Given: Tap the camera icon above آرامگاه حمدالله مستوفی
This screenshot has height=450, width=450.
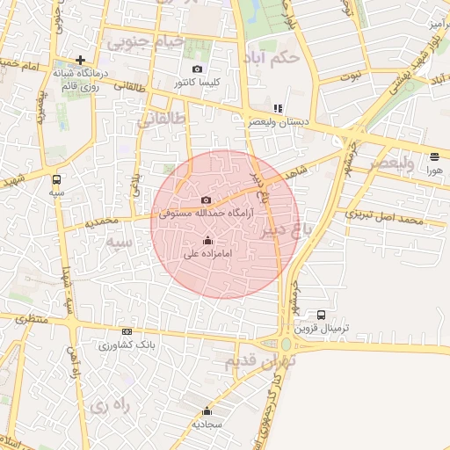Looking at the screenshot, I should (207, 200).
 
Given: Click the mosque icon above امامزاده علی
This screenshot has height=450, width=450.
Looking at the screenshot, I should (207, 240).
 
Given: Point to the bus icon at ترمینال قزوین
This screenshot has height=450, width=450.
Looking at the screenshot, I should (321, 315).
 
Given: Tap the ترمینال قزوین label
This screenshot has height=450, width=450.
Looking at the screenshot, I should (321, 328).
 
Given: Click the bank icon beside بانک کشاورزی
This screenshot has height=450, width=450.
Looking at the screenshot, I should (127, 331).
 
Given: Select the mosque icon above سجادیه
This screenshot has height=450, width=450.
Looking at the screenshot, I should (207, 410).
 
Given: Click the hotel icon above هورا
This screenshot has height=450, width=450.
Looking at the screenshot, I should (435, 157).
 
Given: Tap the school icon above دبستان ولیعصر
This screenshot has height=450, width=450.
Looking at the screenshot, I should (278, 108).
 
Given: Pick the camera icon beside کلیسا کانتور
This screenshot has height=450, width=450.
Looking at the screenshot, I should (197, 69).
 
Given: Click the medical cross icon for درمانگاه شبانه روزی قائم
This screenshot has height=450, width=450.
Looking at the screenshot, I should (80, 61).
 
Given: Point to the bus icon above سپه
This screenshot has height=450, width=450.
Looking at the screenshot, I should (57, 178).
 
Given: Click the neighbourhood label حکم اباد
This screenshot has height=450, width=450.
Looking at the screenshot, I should (275, 57).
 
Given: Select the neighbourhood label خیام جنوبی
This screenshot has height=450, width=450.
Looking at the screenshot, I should (145, 40).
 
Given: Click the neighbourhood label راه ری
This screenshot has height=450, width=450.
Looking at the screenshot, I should (109, 405).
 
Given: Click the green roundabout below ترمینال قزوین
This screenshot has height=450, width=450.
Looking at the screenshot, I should (287, 345).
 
